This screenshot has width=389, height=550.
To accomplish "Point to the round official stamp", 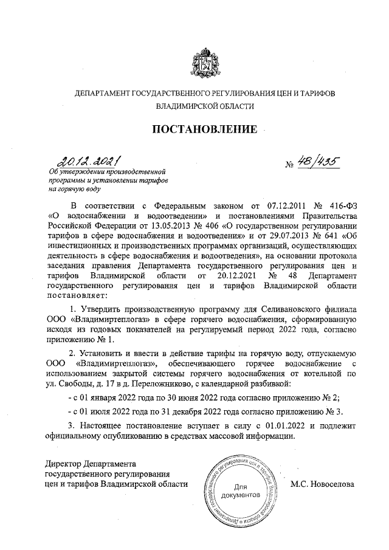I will coord(241,492).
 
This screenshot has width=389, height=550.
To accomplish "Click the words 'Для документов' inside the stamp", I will coord(241,491).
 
